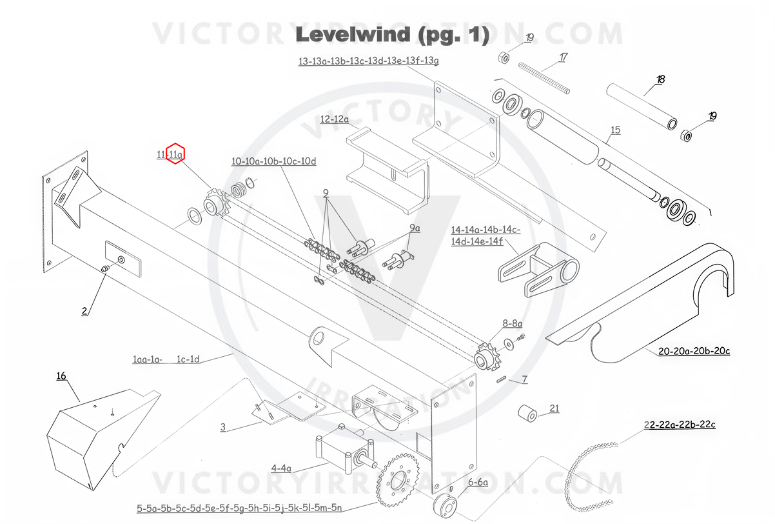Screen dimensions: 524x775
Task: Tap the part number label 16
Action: (61, 376)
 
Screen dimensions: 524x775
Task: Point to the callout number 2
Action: (84, 311)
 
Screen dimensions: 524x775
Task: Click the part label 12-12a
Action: (334, 119)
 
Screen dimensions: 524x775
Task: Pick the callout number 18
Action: (660, 80)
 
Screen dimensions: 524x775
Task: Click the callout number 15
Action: (615, 130)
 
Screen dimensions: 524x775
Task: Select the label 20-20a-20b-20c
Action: (694, 352)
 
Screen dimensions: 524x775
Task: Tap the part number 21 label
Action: (554, 408)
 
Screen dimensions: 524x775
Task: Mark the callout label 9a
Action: (414, 228)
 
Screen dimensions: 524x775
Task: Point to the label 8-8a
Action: (513, 323)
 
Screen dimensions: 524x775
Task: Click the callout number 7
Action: (525, 380)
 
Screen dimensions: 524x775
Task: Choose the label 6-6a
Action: (478, 482)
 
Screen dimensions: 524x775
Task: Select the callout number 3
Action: (222, 427)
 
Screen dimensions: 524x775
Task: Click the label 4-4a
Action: (281, 468)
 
